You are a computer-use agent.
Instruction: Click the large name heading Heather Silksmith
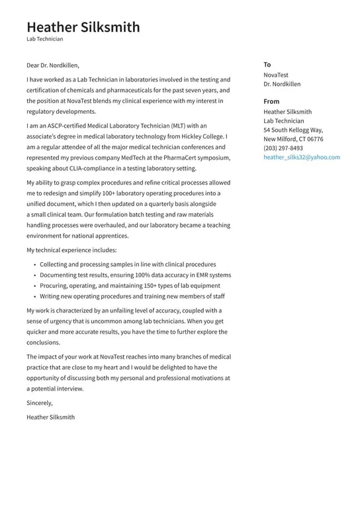point(83,27)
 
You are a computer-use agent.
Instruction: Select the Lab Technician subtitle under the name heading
point(45,40)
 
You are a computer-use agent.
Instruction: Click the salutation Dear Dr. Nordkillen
point(53,65)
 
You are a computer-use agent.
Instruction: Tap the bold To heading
point(267,65)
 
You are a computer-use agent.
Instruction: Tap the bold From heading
point(271,101)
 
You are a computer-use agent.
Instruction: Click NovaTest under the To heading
point(276,75)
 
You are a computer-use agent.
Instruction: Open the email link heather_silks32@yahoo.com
point(301,158)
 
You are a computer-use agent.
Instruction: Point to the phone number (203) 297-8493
point(283,148)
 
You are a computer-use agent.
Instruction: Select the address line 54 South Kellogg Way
point(293,130)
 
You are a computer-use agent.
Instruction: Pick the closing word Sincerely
point(39,402)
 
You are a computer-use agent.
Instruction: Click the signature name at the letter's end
point(51,417)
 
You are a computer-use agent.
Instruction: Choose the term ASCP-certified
point(66,126)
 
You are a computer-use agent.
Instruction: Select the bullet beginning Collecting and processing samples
point(127,264)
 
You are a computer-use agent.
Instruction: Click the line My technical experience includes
point(71,250)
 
